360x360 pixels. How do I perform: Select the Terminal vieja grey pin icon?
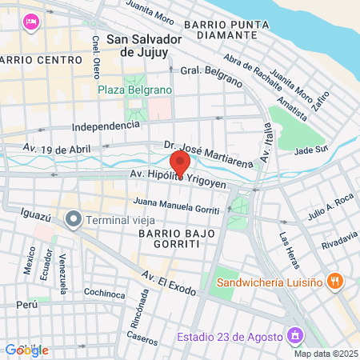(74, 218)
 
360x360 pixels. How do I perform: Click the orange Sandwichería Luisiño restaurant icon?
(336, 281)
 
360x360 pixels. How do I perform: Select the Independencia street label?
(106, 126)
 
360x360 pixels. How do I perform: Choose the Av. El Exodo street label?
(169, 282)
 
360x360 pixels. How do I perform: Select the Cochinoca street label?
(104, 294)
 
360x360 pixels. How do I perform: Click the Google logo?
(26, 350)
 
